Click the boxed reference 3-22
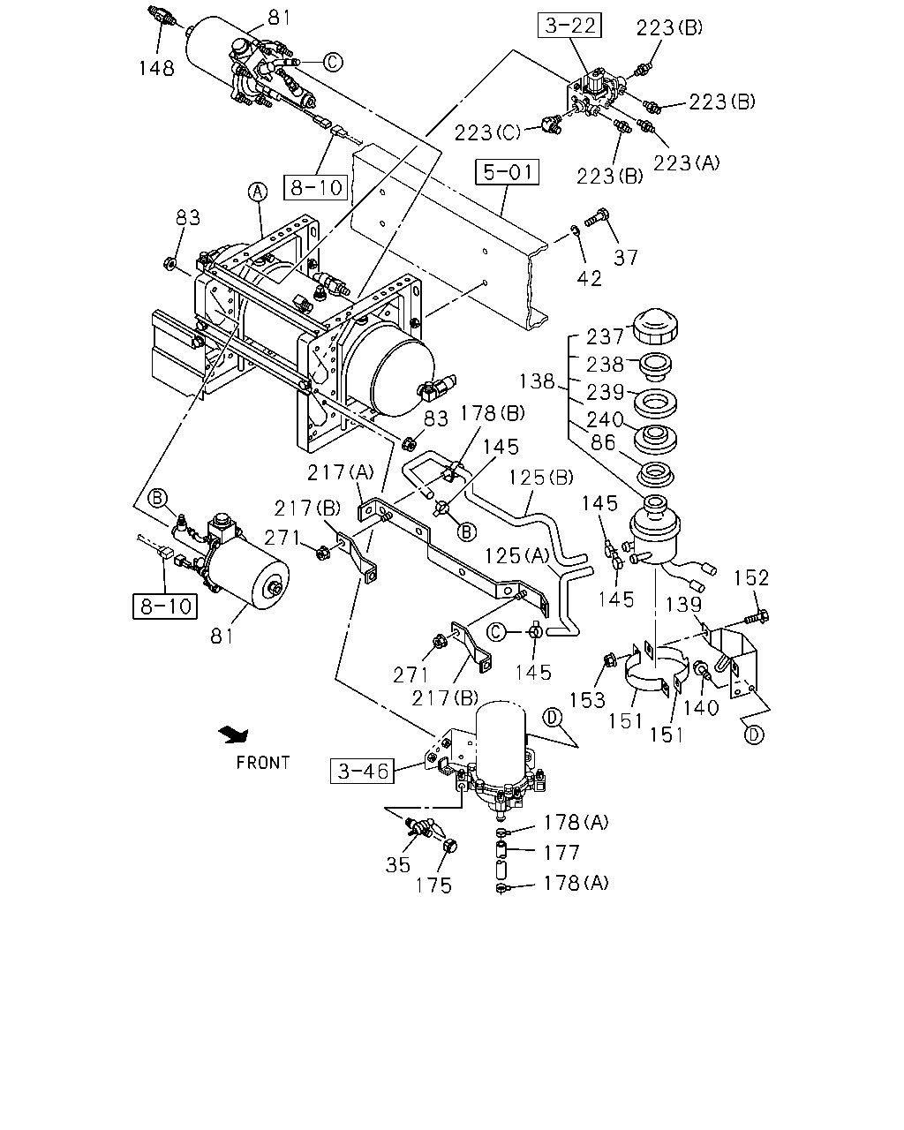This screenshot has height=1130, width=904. click(569, 26)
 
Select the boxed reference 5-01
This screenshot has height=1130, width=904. click(507, 172)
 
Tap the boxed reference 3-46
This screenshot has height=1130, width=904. click(362, 771)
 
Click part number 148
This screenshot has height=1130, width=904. click(156, 68)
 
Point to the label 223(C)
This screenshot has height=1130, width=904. click(487, 132)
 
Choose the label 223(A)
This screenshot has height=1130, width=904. click(687, 162)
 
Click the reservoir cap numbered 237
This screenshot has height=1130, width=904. click(654, 327)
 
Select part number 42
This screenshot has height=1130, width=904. click(589, 279)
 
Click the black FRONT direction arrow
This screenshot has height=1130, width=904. click(234, 734)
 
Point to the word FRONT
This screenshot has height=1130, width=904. click(263, 763)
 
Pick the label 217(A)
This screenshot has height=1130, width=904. click(341, 472)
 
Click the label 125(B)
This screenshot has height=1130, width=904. click(541, 478)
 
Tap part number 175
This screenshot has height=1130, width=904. click(433, 885)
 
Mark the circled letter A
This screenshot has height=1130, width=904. click(258, 192)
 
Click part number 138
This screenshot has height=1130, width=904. click(536, 381)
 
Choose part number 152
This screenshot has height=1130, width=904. click(750, 578)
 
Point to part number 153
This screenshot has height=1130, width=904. click(588, 699)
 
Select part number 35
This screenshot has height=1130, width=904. click(397, 865)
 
